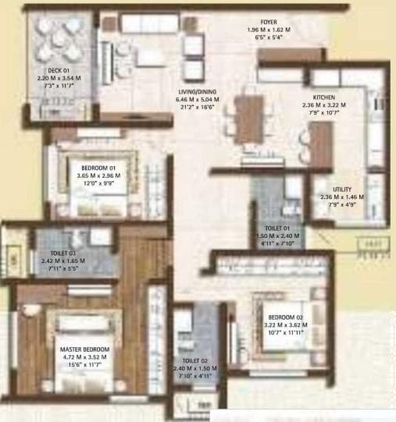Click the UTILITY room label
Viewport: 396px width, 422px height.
click(x=341, y=190)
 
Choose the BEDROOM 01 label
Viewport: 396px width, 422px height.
click(x=98, y=167)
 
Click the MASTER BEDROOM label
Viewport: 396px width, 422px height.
click(x=84, y=349)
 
